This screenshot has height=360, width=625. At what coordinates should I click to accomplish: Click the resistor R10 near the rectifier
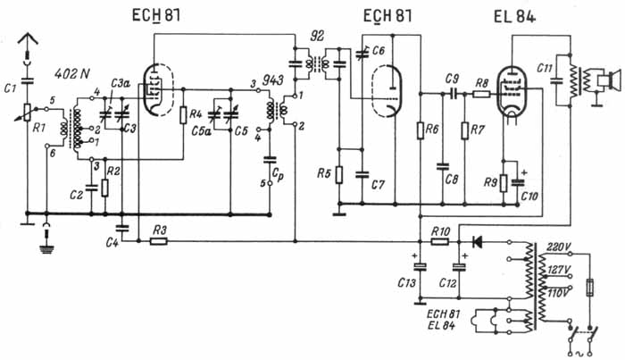pos(438,240)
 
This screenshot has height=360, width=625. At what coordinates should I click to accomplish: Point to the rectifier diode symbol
pos(475,240)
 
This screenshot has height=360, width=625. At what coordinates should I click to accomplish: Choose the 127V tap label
pos(558,268)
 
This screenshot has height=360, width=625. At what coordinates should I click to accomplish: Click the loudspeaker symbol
pos(612,83)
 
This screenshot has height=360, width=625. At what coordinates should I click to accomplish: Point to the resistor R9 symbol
pos(504,183)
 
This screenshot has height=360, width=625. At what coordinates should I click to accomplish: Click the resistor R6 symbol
pos(419,130)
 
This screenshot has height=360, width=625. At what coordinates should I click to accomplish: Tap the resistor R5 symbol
pos(339,172)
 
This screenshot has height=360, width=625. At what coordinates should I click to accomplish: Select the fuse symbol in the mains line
pos(587,289)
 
